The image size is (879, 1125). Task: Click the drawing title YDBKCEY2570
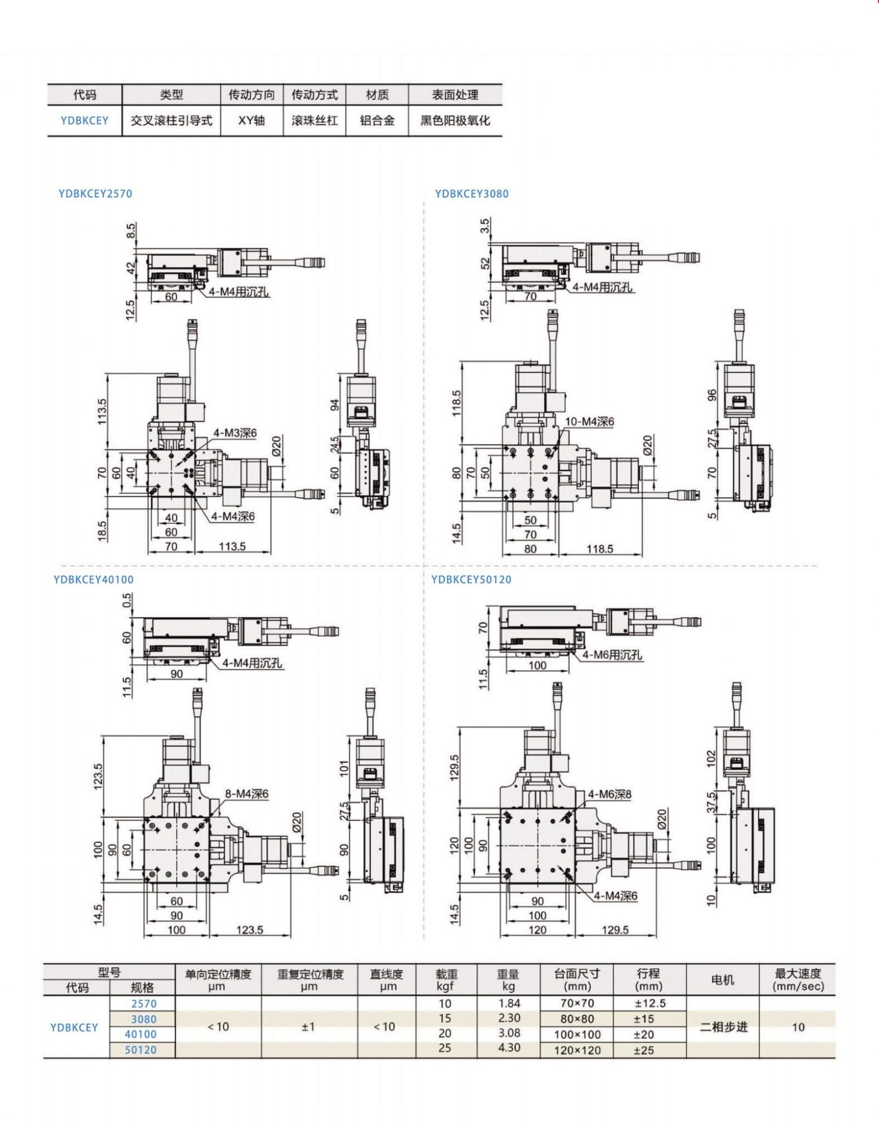coord(95,194)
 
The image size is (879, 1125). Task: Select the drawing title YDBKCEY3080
coord(472,194)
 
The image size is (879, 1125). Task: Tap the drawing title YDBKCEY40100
coord(94,579)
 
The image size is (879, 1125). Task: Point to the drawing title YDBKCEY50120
coord(471,579)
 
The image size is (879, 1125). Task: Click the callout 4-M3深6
coord(234,433)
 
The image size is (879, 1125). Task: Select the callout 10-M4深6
coord(589,421)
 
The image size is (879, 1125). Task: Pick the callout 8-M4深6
coord(247,793)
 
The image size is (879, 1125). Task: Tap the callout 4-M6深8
coord(610,794)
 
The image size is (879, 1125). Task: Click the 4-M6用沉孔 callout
coord(612,655)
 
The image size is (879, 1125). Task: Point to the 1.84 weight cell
coord(509,1003)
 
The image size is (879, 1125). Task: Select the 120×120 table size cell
coord(577,1050)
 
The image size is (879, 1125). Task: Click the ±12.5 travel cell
coord(649,1003)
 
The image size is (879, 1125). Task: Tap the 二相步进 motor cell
coord(724,1027)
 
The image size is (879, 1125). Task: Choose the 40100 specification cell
coord(141,1034)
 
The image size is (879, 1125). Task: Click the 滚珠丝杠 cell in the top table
coord(314,120)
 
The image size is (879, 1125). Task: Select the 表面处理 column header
coord(455,95)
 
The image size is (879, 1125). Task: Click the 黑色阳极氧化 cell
coord(455,120)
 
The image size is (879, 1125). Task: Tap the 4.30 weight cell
coord(509,1047)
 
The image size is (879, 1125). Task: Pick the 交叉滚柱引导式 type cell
coord(171,120)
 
